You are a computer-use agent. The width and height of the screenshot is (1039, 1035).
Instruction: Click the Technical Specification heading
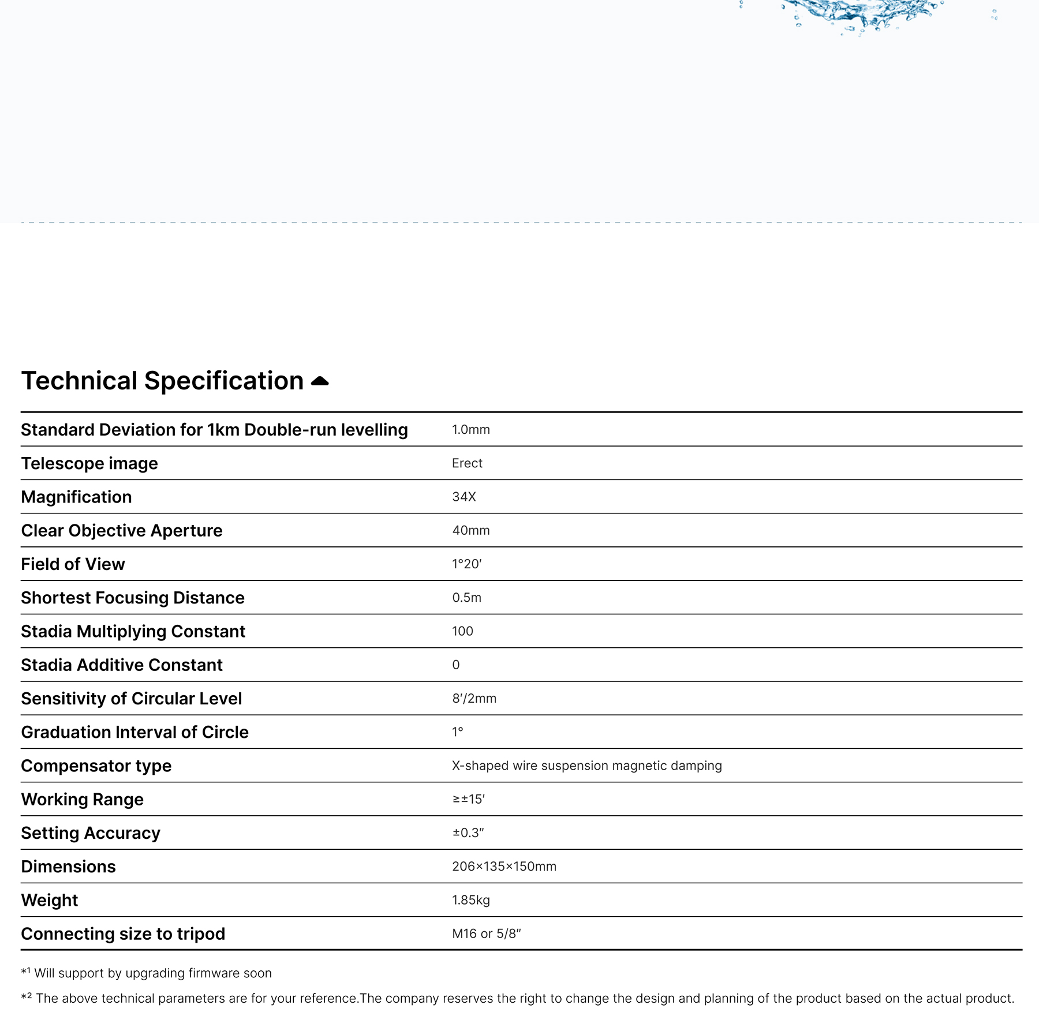[162, 381]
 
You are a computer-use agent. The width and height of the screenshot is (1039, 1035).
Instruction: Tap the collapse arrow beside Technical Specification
[320, 381]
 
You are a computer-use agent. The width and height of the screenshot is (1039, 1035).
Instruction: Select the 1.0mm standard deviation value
[470, 430]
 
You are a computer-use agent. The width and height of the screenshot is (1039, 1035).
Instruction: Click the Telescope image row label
[89, 463]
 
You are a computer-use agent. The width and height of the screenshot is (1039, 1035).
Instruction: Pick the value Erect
[467, 463]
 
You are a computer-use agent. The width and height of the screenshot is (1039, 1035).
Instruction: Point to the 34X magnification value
[464, 497]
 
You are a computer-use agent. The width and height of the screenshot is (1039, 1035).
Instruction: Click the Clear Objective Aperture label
[122, 531]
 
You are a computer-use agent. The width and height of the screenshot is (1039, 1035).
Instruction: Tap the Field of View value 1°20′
[466, 564]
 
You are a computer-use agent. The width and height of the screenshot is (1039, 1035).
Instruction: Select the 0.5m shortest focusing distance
[466, 598]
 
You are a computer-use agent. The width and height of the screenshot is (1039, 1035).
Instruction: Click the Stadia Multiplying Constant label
[133, 631]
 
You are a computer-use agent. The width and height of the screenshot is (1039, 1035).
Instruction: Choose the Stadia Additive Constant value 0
[456, 665]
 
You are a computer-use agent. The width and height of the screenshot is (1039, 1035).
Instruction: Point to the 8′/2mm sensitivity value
[474, 699]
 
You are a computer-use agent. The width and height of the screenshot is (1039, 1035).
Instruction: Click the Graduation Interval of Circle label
[134, 732]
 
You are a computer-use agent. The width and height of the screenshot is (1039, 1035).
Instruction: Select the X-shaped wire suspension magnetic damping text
[586, 766]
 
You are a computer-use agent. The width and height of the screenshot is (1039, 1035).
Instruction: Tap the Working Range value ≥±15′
[468, 800]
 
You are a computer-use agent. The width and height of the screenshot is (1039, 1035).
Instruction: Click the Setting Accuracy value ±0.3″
[468, 833]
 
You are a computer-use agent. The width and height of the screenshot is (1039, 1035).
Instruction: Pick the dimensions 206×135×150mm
[504, 867]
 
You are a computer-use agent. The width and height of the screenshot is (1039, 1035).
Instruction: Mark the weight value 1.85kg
[470, 900]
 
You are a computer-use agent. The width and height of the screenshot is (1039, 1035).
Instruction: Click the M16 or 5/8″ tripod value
[486, 934]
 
